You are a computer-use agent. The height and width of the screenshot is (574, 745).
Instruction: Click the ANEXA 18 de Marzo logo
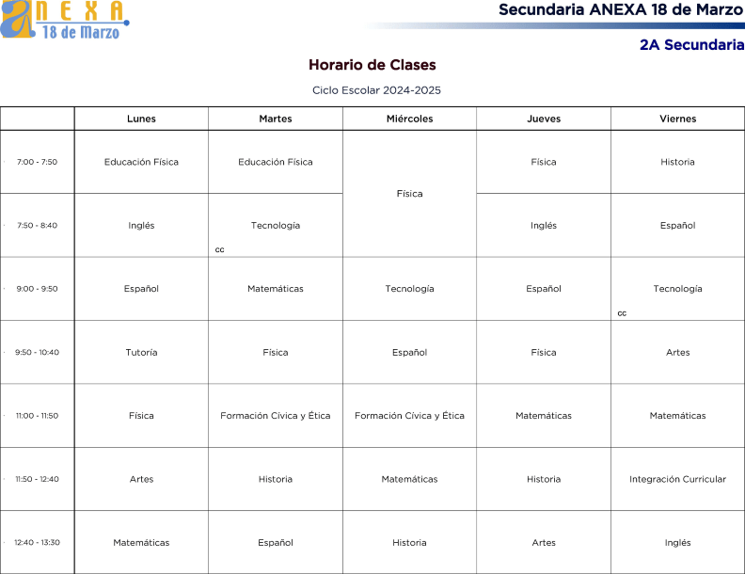[x=64, y=20]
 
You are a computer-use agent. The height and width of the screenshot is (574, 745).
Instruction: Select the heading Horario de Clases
[x=372, y=65]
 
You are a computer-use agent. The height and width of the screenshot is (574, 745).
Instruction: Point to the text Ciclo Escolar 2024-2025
[x=376, y=90]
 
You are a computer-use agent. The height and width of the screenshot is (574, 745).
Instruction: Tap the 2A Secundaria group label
[x=691, y=44]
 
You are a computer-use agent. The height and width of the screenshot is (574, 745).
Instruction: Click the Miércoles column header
[x=409, y=119]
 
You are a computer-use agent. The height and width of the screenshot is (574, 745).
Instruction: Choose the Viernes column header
[x=677, y=119]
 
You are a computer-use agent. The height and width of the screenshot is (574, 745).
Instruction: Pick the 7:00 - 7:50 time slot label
[x=37, y=162]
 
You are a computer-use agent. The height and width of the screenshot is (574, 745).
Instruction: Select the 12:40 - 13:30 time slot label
[x=37, y=542]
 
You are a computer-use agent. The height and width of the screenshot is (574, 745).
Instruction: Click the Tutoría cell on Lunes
[x=141, y=352]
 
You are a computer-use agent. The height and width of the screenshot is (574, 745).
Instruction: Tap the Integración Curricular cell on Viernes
[x=677, y=479]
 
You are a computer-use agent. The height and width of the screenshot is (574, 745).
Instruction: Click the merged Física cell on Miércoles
[x=409, y=194]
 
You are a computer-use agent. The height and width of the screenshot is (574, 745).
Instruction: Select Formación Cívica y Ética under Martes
[x=276, y=416]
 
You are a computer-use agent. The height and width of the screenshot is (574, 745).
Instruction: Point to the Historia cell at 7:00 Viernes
[x=677, y=162]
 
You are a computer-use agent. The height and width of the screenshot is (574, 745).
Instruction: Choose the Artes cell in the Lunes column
[x=141, y=479]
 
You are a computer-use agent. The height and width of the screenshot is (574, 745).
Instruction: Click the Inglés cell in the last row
[x=677, y=542]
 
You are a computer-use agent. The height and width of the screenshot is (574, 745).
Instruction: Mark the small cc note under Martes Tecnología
[x=219, y=249]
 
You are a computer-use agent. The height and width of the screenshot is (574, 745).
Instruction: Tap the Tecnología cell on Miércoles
[x=409, y=289]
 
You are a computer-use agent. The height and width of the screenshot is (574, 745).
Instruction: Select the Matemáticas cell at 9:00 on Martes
[x=276, y=289]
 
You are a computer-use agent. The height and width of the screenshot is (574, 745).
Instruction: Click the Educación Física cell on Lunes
[x=141, y=162]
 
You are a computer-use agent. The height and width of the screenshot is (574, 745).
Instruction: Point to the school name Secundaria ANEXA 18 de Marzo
[x=621, y=10]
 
